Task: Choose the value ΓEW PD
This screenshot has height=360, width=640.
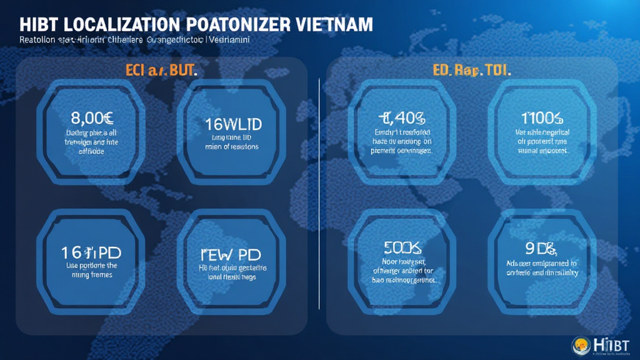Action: point(230,255)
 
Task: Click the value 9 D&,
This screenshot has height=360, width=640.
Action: point(541,249)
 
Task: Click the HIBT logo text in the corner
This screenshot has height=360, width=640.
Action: point(612,344)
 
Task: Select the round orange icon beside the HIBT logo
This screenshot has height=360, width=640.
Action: point(581,344)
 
